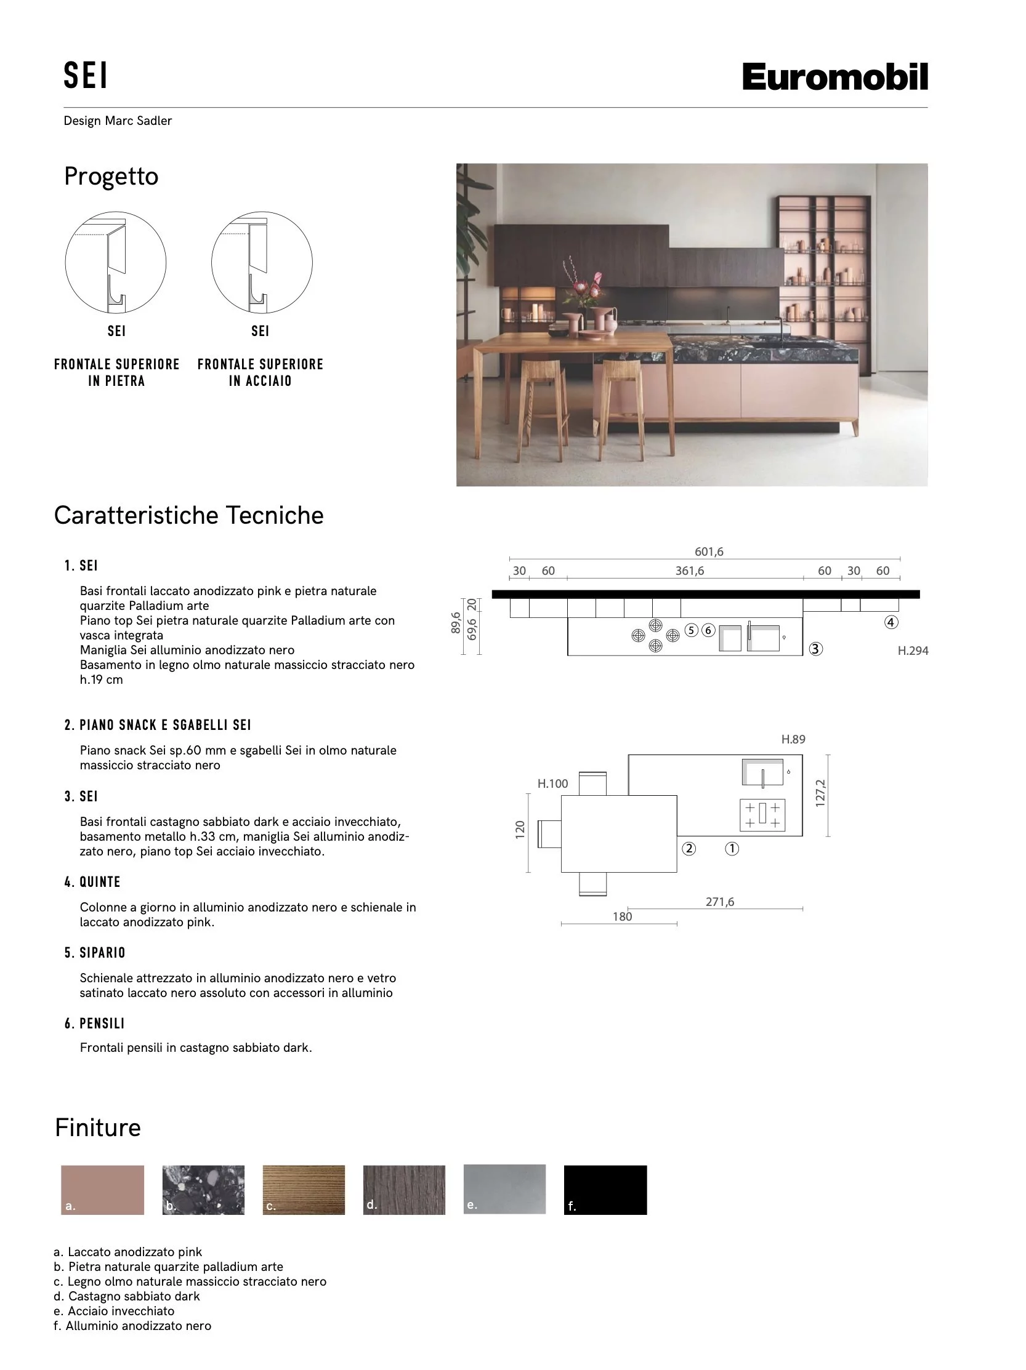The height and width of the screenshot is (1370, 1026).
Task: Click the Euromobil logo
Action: click(x=834, y=77)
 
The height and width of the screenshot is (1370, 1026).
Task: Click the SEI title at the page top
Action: click(x=86, y=76)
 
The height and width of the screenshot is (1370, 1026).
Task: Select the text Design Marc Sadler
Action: click(x=118, y=121)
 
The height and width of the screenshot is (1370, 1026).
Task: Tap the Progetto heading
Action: click(x=111, y=177)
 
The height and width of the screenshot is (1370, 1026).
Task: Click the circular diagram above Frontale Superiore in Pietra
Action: click(x=116, y=262)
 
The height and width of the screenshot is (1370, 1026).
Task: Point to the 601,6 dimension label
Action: click(x=708, y=551)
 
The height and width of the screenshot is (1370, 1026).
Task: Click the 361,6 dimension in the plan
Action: click(x=689, y=571)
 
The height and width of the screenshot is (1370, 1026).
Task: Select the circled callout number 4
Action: click(x=891, y=622)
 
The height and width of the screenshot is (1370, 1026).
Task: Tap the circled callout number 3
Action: click(x=815, y=649)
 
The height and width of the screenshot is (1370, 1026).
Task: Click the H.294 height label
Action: click(x=912, y=651)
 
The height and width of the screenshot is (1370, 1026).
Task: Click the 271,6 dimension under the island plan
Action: click(x=719, y=902)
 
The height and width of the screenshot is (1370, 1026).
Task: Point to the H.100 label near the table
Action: click(x=552, y=783)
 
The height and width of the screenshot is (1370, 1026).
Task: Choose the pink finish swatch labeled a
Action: click(x=102, y=1189)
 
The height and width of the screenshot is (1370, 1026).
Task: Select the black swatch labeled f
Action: click(x=605, y=1189)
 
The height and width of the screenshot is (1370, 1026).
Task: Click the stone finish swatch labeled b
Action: click(x=203, y=1189)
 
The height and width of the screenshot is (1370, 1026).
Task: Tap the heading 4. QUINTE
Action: click(x=92, y=882)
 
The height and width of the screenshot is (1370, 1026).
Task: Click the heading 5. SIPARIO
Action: click(x=95, y=953)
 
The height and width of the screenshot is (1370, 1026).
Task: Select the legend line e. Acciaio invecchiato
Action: click(x=114, y=1310)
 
